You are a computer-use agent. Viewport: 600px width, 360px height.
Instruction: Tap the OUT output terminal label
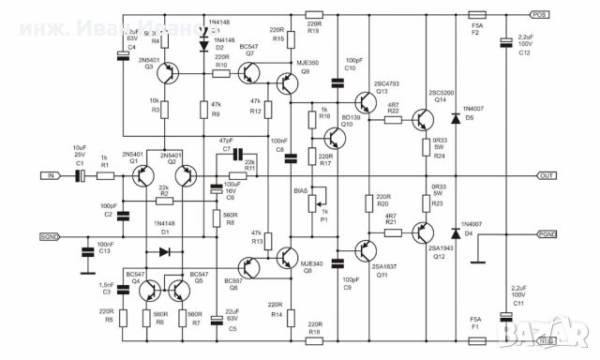click(547, 175)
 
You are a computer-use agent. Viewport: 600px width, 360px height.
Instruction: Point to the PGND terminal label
click(545, 235)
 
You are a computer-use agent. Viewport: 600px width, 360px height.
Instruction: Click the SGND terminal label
click(52, 236)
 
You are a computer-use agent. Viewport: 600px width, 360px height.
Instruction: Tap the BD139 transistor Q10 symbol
click(337, 139)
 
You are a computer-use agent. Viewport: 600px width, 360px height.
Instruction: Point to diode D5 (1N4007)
click(456, 119)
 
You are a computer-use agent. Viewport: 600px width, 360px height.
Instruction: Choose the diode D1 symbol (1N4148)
click(166, 251)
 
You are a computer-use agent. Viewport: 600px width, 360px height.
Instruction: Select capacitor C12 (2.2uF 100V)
click(507, 41)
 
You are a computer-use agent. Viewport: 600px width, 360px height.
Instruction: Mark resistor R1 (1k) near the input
click(106, 174)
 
